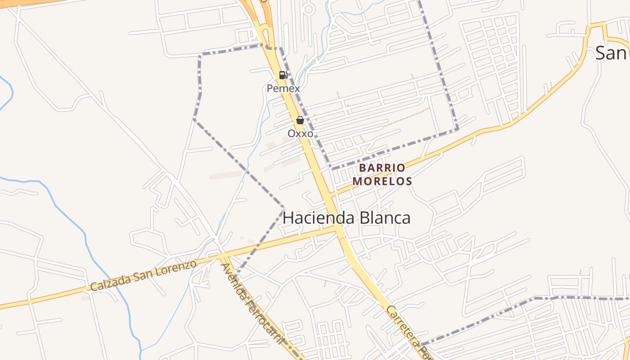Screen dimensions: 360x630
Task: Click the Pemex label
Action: point(283,88)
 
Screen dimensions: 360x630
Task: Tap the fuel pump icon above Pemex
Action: point(283,75)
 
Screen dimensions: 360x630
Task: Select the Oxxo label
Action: point(300,134)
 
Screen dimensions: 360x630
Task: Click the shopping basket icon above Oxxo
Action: point(300,120)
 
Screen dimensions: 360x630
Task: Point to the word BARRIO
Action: point(382,168)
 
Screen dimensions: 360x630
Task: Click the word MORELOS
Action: point(382,181)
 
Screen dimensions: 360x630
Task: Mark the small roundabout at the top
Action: point(309,9)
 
